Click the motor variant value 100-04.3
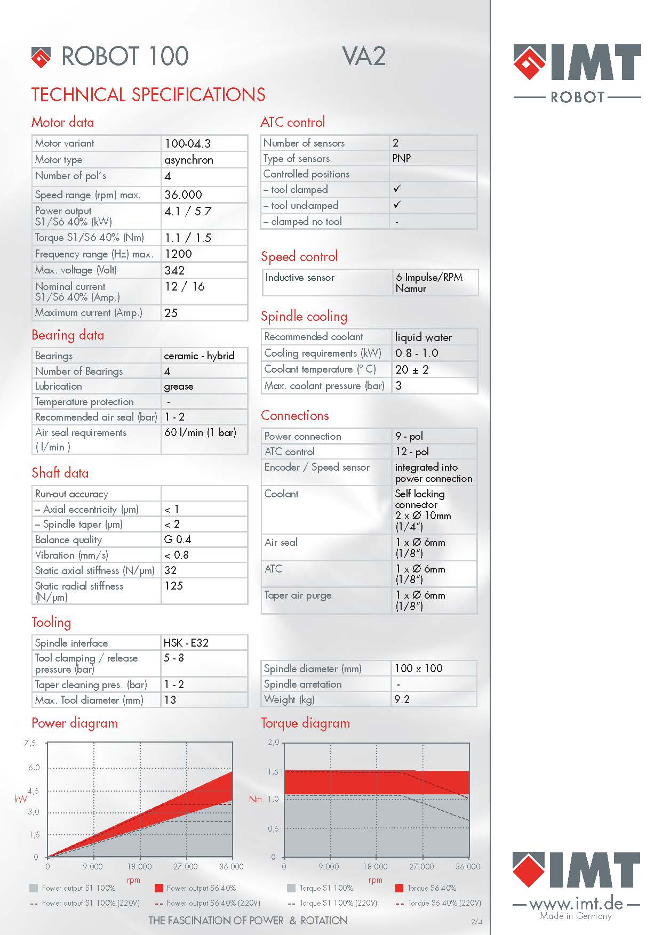click(188, 143)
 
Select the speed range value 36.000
click(183, 195)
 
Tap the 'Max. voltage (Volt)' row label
click(76, 270)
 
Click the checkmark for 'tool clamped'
click(397, 189)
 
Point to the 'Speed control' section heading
click(299, 256)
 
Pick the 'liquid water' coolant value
click(423, 337)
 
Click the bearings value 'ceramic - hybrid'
click(199, 356)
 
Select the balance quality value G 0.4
click(178, 539)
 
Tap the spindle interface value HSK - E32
click(186, 643)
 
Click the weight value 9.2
click(402, 699)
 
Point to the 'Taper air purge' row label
click(298, 595)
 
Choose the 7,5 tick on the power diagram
click(30, 743)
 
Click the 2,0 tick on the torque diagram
click(273, 742)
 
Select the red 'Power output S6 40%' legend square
click(158, 888)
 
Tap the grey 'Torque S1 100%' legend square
click(291, 888)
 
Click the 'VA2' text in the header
click(364, 57)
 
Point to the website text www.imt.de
click(576, 903)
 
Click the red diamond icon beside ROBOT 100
click(41, 57)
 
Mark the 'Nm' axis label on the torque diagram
click(256, 800)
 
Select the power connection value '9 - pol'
click(409, 436)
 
